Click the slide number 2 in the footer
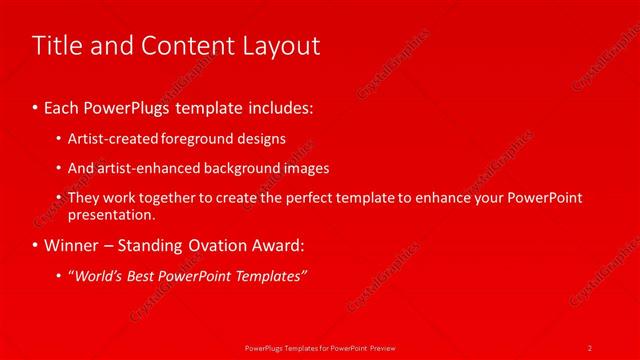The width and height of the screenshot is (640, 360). tap(590, 347)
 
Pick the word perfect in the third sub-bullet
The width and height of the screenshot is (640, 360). tap(334, 198)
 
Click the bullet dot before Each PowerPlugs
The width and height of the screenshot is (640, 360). tap(36, 107)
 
